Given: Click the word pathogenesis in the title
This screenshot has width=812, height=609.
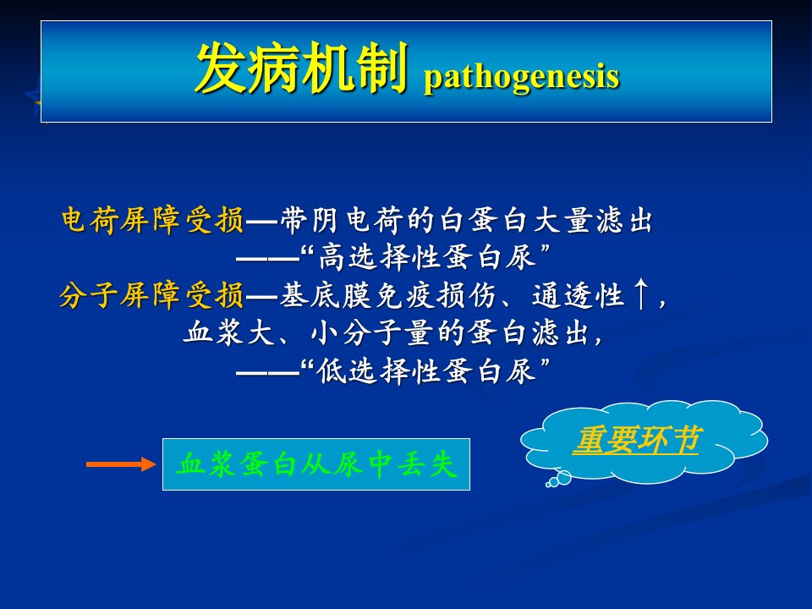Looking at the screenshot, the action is pos(522,78).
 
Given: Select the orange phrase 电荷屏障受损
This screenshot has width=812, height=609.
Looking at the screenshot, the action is pos(152,220).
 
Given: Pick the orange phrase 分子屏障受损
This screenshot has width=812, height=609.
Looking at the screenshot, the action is pos(151,296).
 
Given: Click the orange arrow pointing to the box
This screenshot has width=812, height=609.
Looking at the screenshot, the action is pos(121,464).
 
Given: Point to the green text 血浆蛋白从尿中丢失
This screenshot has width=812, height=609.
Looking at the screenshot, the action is pos(316,464).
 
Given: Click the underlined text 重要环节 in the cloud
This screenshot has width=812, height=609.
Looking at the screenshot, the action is pos(637,440).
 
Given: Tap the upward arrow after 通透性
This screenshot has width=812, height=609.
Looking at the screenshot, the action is pos(641,294).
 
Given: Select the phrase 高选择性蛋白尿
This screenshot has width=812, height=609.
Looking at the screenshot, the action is pos(426,257).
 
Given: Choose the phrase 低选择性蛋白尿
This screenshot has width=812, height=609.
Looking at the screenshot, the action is pos(426,370).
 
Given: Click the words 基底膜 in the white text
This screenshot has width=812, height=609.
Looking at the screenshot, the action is pos(325,296).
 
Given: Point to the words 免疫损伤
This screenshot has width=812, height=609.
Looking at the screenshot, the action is pos(436,296).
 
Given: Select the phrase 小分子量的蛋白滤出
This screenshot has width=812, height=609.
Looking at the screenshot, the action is pos(450,333).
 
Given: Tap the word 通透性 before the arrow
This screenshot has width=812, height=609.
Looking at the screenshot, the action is pos(578,296).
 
